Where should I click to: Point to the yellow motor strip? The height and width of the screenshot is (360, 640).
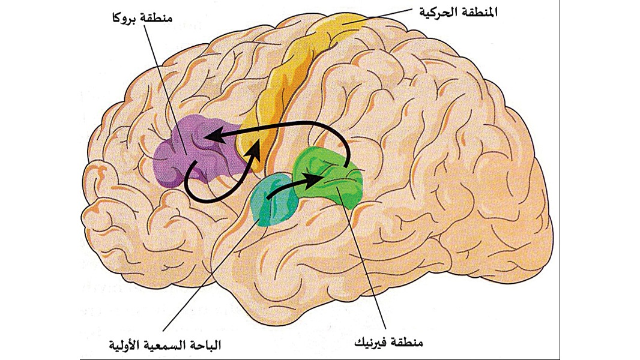pos(286,82)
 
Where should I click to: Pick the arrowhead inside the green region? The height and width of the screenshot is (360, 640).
pos(314,178)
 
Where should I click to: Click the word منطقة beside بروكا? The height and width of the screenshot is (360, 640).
pos(157,18)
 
